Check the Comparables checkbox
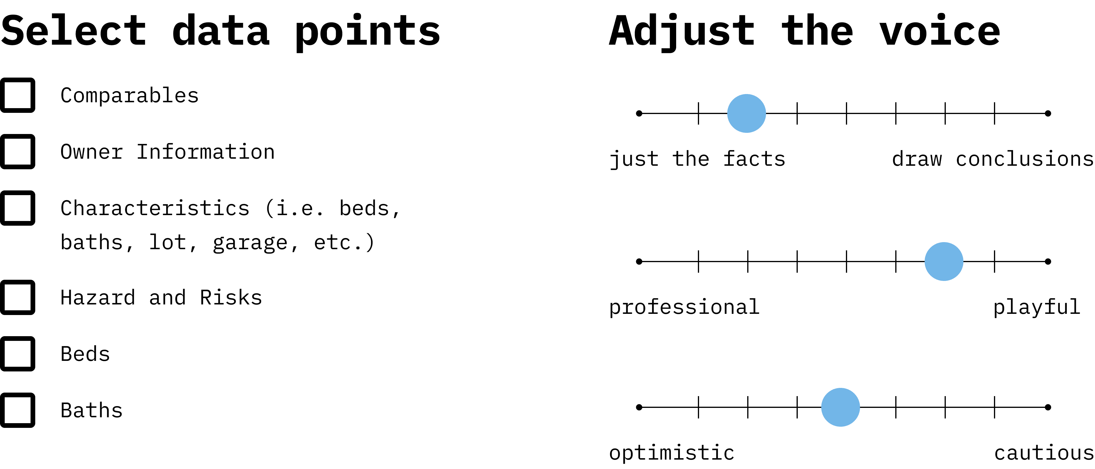pyautogui.click(x=17, y=95)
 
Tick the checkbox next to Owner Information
pyautogui.click(x=17, y=152)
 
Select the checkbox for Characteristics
pyautogui.click(x=17, y=208)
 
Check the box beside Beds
pyautogui.click(x=17, y=354)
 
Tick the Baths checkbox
pyautogui.click(x=17, y=410)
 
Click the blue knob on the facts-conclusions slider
pyautogui.click(x=746, y=113)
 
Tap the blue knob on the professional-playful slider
pyautogui.click(x=944, y=262)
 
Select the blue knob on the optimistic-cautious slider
pyautogui.click(x=840, y=407)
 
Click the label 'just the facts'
pyautogui.click(x=697, y=159)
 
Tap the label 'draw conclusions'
pyautogui.click(x=992, y=159)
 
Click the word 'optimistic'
pyautogui.click(x=672, y=453)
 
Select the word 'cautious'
pyautogui.click(x=1044, y=453)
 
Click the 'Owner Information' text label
pyautogui.click(x=167, y=152)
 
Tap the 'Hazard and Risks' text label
pyautogui.click(x=161, y=298)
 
